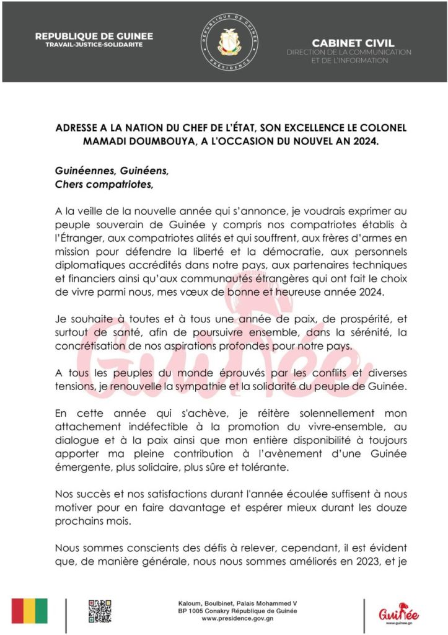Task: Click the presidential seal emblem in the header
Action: point(232,42)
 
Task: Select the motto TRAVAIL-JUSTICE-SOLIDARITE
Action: point(94,45)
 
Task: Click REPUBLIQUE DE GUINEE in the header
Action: point(94,36)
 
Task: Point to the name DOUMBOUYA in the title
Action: point(127,141)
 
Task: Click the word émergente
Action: point(82,468)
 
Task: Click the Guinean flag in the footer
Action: point(29,611)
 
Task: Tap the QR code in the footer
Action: point(99,610)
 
